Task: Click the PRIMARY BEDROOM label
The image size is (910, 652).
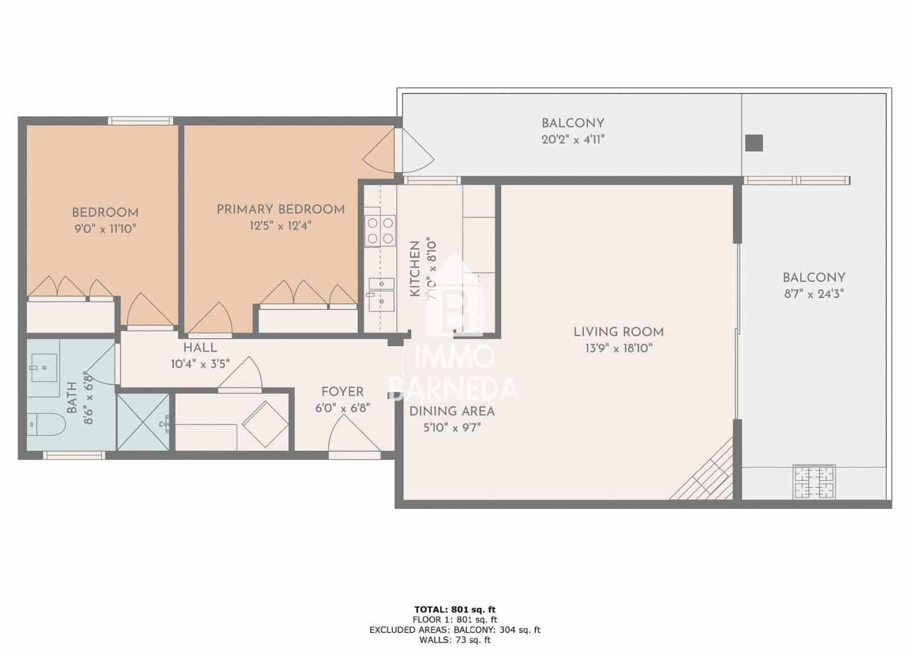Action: click(280, 209)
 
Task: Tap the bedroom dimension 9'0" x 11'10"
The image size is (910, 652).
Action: click(105, 229)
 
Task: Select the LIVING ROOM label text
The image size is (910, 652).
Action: click(618, 331)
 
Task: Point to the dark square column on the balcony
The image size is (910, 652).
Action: click(754, 143)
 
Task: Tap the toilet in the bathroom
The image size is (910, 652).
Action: click(47, 423)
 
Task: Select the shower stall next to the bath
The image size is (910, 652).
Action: click(143, 421)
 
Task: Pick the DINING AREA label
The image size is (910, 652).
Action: click(452, 411)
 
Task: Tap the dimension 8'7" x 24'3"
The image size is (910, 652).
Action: click(813, 294)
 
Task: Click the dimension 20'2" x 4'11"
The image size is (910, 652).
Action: click(572, 139)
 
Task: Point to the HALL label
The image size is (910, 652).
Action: click(200, 347)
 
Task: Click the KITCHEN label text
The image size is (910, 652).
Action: click(415, 268)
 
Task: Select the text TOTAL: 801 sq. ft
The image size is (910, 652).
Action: click(454, 610)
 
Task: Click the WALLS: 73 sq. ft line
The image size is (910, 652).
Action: click(454, 640)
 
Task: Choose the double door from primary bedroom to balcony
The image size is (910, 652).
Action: click(398, 149)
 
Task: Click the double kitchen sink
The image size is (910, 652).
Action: click(380, 292)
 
